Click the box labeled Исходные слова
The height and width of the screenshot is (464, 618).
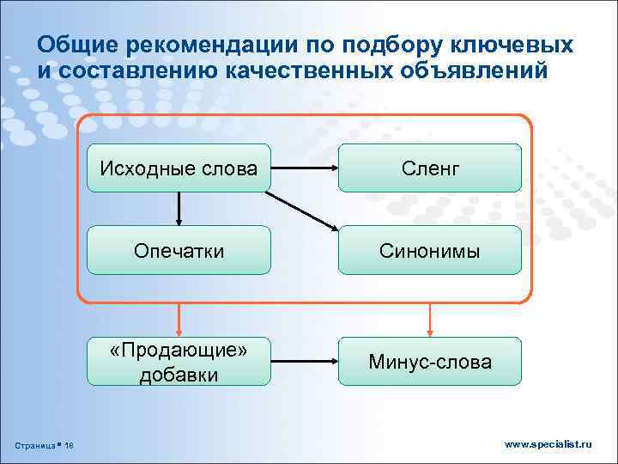179,168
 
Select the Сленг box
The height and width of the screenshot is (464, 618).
429,168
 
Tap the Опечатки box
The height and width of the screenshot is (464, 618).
179,250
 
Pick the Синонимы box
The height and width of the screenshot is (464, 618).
429,250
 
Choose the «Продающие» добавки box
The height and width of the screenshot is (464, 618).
179,362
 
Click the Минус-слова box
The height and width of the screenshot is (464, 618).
429,362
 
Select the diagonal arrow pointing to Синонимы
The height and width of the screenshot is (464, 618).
302,211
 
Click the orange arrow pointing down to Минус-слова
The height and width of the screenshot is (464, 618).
429,319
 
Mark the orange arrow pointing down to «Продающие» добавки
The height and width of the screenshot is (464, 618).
179,319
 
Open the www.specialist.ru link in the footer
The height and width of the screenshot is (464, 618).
548,444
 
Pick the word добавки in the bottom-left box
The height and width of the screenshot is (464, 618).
179,375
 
